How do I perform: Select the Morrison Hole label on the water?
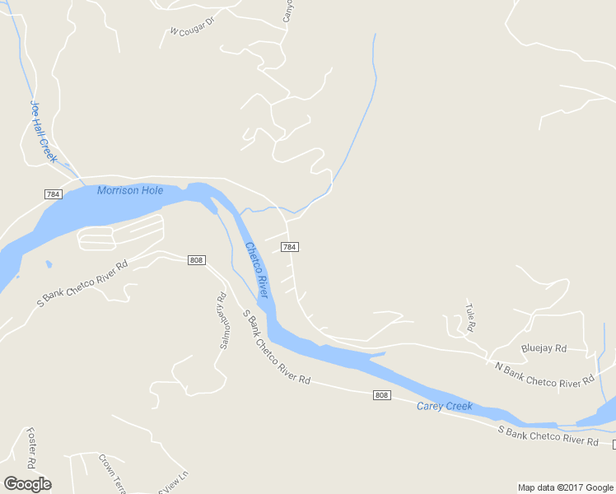[130, 191]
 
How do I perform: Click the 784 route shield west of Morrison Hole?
[54, 193]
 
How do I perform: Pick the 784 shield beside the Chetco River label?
[289, 247]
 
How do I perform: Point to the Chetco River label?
[256, 269]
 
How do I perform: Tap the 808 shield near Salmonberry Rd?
[196, 260]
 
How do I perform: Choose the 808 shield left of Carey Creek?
[380, 395]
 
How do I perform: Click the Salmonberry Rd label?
[222, 322]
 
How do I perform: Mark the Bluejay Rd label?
[544, 349]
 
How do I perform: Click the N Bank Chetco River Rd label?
[544, 373]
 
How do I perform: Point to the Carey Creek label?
[444, 406]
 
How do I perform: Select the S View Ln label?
[174, 481]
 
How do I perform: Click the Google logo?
[27, 484]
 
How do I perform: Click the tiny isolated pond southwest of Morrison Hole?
[49, 264]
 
